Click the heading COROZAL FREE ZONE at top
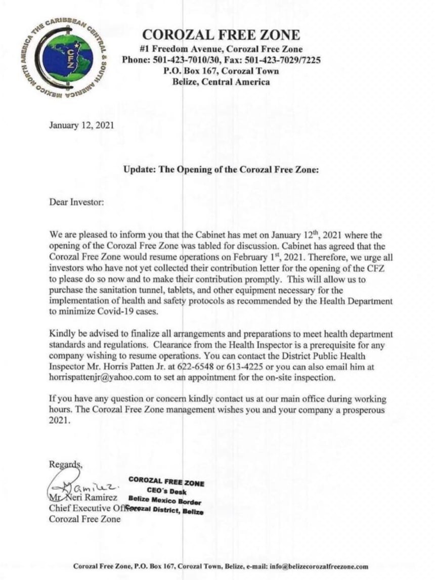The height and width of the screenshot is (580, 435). [221, 35]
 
